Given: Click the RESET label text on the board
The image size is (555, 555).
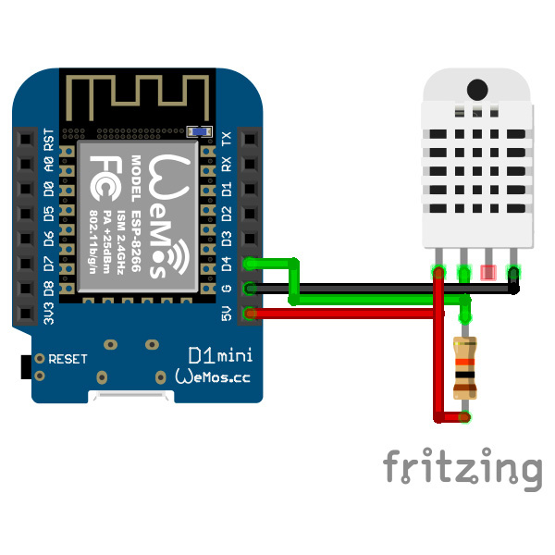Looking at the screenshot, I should pos(68,358).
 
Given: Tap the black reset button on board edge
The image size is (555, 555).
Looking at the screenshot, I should pos(24,365).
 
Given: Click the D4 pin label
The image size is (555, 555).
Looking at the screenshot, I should pos(228,264).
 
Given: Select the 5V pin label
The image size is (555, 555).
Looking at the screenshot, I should pos(228,314).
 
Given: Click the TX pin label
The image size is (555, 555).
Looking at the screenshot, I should pos(228,139).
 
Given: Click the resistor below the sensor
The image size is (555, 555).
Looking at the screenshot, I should pos(464,368).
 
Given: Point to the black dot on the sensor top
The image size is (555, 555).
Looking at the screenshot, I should pos(477,90).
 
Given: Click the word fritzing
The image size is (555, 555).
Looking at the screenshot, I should pos(462,467).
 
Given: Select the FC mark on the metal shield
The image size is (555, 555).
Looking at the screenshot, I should pos(104,172).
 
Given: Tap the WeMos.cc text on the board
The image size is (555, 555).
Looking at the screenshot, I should pos(212,377).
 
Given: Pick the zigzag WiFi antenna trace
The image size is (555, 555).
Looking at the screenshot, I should pos(139,93).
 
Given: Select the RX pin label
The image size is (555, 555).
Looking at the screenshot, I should pos(228,164).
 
